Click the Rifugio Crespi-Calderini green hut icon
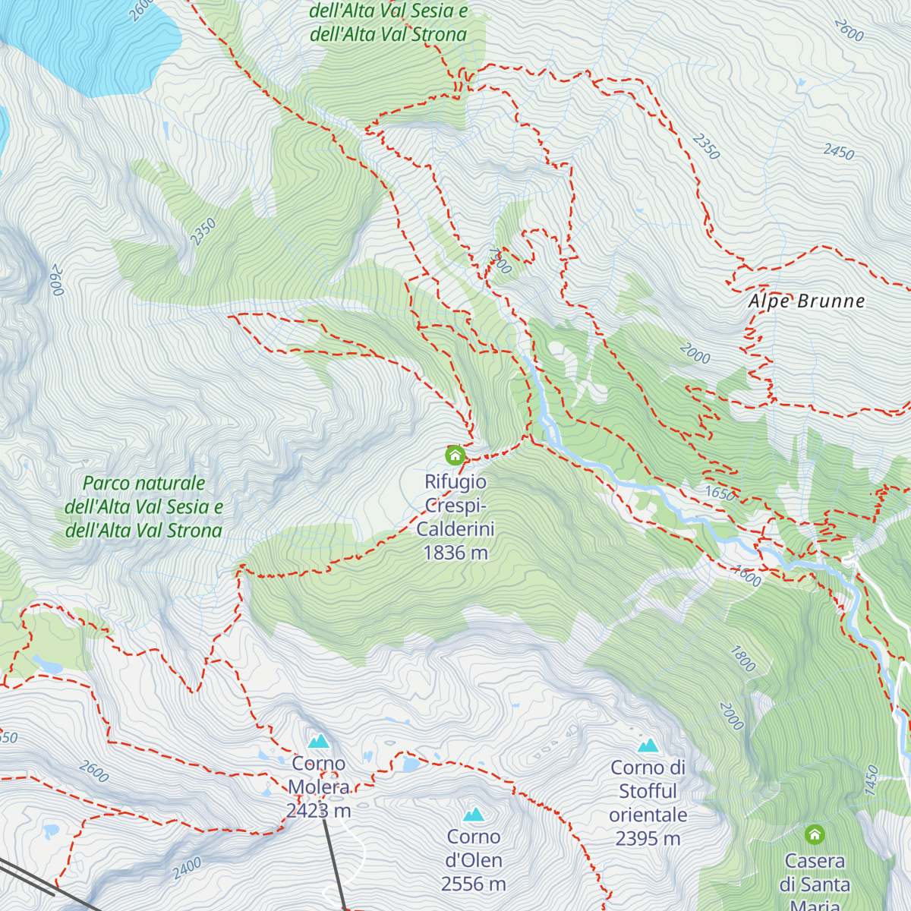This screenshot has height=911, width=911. [455, 455]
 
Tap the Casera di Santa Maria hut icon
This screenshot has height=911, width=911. [815, 834]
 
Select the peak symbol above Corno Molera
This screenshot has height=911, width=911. [319, 740]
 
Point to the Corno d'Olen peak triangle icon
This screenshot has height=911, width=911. [474, 815]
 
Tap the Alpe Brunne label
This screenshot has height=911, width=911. [806, 301]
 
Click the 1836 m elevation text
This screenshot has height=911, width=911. [455, 553]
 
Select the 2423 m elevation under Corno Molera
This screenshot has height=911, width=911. [319, 811]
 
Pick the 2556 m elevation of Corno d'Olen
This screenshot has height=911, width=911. [474, 884]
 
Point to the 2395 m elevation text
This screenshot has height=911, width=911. [648, 838]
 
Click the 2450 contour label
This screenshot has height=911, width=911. [839, 152]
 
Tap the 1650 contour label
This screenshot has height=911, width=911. [720, 493]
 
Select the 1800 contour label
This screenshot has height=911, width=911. [743, 658]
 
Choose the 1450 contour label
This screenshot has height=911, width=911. [871, 780]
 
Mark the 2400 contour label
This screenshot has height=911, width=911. [187, 868]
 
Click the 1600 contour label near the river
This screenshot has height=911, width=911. [747, 576]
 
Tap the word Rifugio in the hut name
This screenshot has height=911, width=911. [455, 482]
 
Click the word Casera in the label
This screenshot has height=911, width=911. [815, 861]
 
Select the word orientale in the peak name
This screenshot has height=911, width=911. [648, 815]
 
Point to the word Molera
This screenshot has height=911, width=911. [319, 787]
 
